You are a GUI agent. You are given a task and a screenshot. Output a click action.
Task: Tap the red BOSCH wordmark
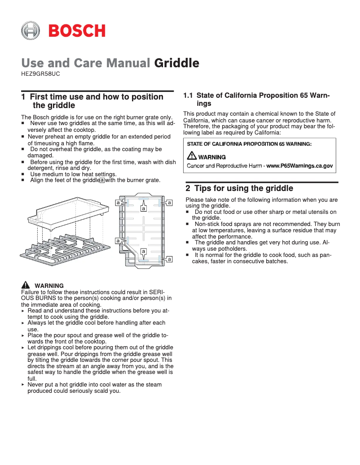tap(77, 31)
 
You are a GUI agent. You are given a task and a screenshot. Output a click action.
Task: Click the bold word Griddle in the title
tap(176, 63)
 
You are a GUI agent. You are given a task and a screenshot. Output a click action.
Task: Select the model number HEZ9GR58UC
tap(40, 74)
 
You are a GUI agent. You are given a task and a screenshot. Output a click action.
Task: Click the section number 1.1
tap(188, 96)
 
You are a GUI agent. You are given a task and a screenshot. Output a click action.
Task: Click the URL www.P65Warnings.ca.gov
tap(299, 166)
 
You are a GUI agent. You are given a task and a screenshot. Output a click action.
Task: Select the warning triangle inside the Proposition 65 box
tap(192, 156)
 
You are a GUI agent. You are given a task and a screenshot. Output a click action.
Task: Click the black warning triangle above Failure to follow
tap(26, 285)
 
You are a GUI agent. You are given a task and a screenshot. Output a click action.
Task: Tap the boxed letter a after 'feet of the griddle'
tap(102, 180)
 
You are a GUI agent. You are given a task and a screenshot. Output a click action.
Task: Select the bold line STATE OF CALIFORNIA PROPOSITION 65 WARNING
tap(249, 144)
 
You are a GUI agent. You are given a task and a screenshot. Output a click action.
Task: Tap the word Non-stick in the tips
tap(207, 224)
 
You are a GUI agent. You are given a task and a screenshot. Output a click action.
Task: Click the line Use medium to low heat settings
tap(73, 174)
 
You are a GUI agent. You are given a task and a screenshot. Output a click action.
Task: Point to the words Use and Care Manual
tap(86, 63)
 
